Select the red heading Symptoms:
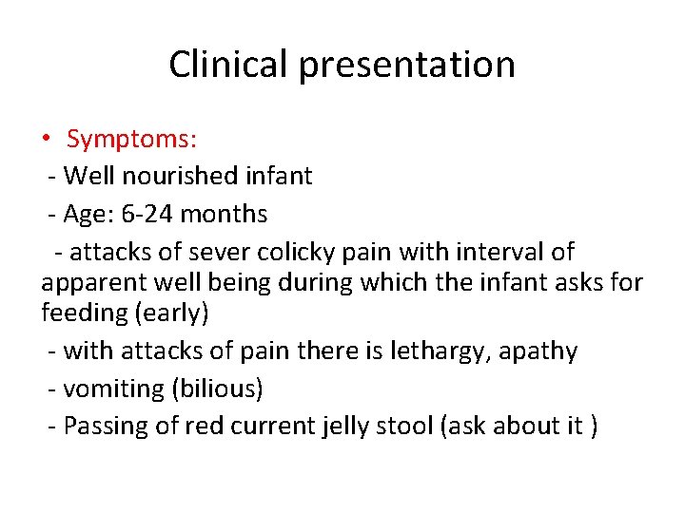[132, 140]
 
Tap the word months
[224, 214]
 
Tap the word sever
[217, 252]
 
